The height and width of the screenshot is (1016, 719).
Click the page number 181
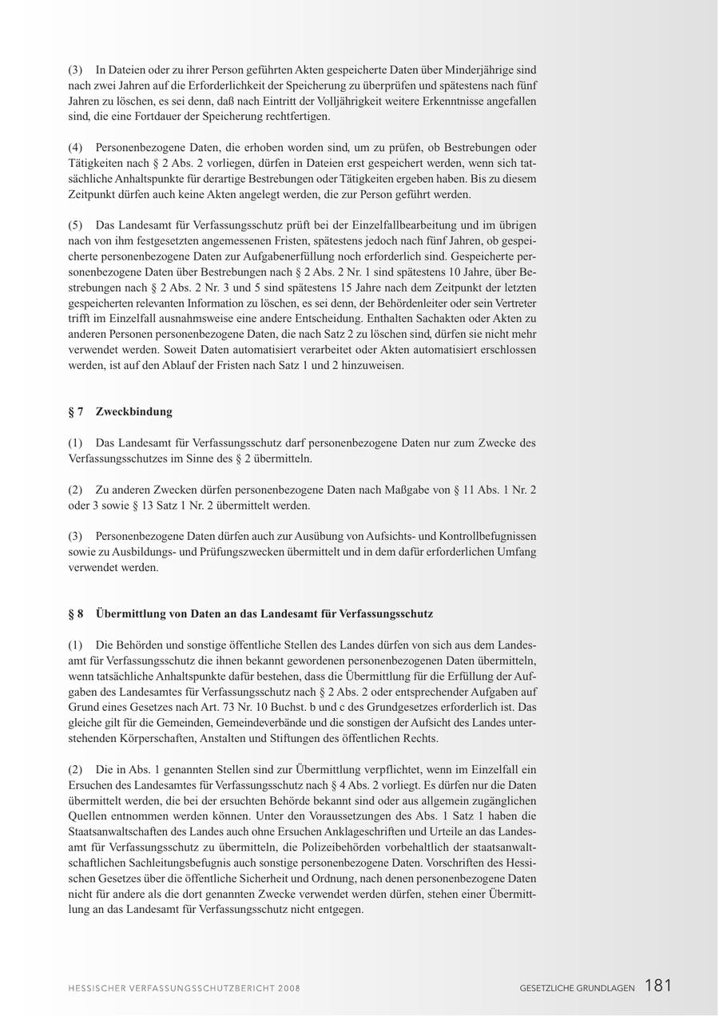coord(657,986)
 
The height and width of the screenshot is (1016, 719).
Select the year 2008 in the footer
coord(288,988)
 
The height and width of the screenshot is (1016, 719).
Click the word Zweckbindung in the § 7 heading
coord(133,412)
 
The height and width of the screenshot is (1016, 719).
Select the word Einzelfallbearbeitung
coord(395,225)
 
